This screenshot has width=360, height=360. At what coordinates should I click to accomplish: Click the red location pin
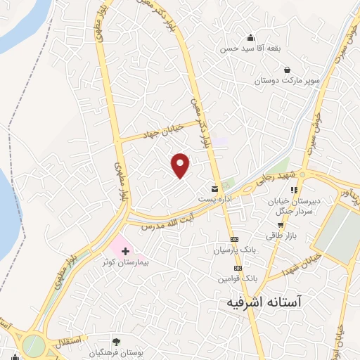click(181, 165)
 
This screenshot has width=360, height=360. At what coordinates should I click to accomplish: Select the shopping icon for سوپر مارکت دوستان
click(288, 70)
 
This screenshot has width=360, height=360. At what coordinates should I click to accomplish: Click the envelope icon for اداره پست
click(214, 188)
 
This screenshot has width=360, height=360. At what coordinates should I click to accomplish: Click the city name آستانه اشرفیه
click(264, 302)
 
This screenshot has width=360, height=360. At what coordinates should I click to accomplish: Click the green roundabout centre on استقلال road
click(32, 345)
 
